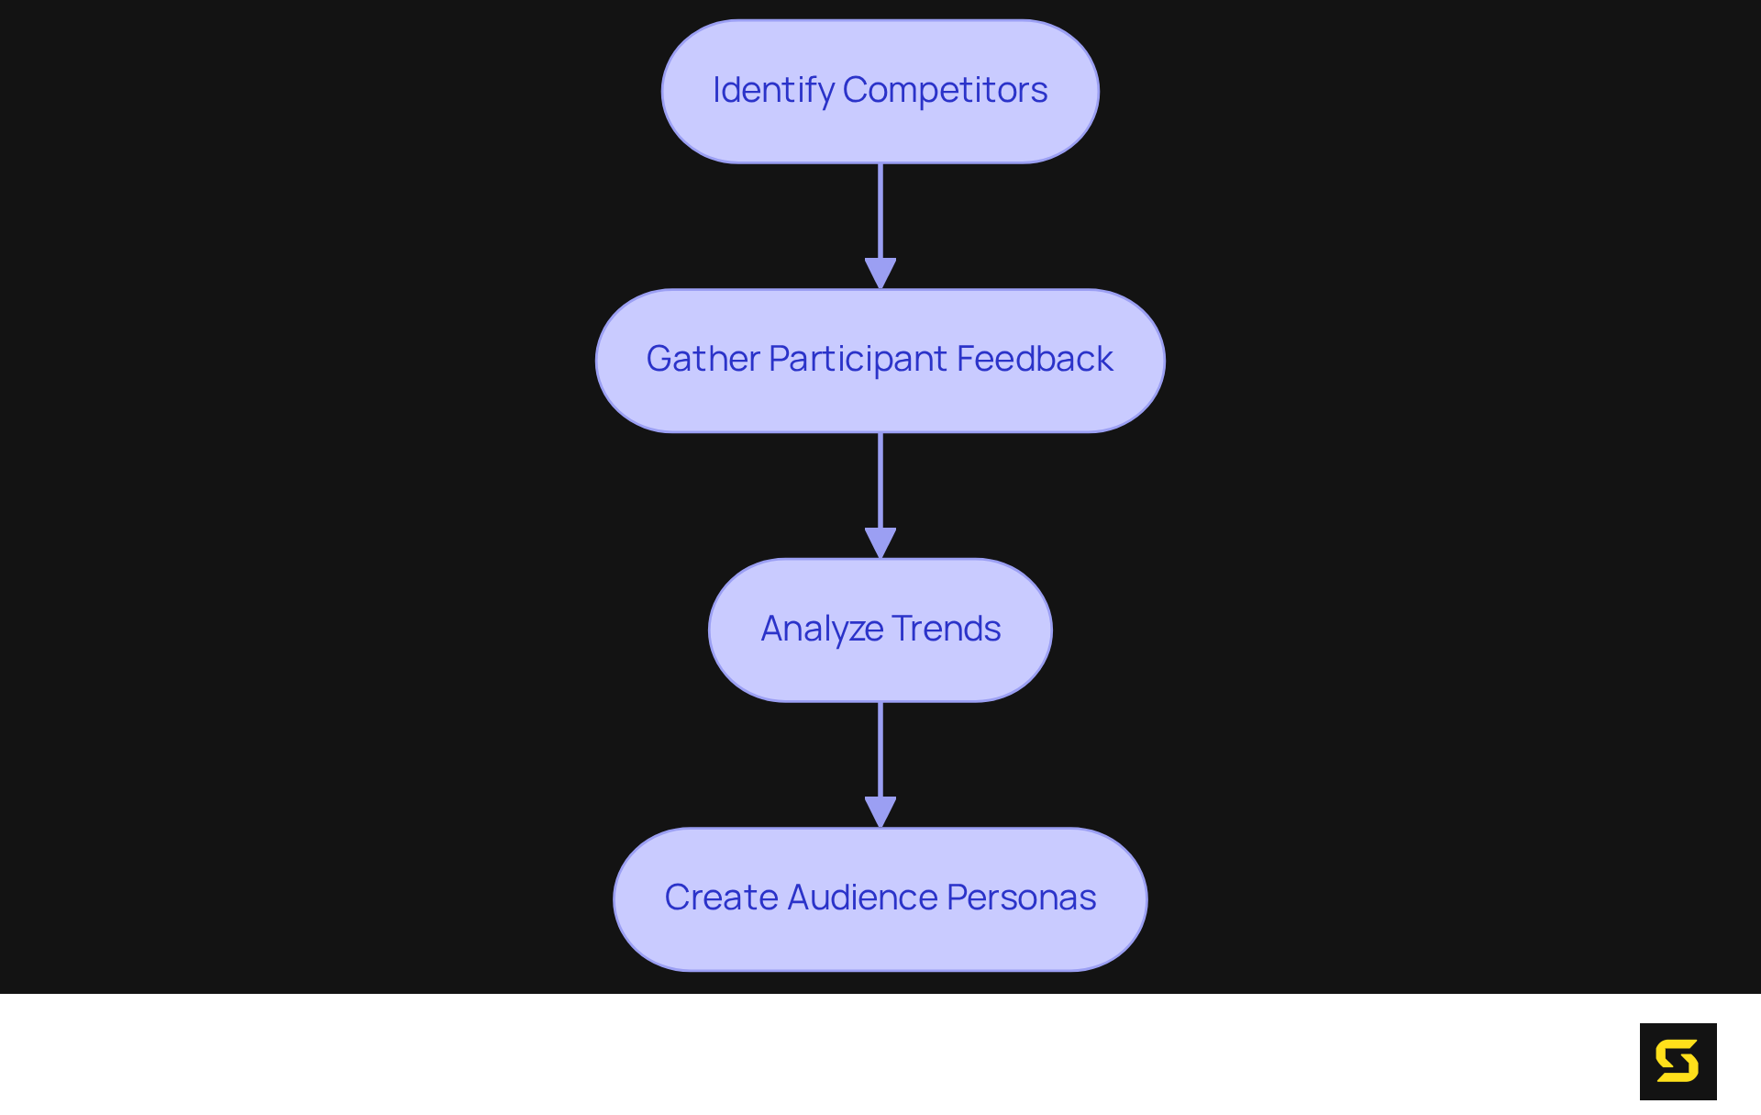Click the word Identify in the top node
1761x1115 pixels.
point(772,91)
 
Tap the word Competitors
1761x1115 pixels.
point(945,91)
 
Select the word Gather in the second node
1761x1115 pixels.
point(703,359)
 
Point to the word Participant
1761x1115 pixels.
point(858,360)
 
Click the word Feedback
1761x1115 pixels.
point(1035,359)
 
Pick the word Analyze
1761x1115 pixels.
point(822,629)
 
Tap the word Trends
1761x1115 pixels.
point(946,629)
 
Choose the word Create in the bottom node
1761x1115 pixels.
point(721,898)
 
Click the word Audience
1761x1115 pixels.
point(862,898)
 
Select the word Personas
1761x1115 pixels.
point(1021,898)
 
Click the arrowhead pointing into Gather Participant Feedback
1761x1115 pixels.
point(880,273)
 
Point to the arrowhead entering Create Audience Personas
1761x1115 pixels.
point(880,811)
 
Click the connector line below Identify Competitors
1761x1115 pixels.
point(880,211)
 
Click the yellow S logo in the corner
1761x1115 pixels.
point(1678,1062)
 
